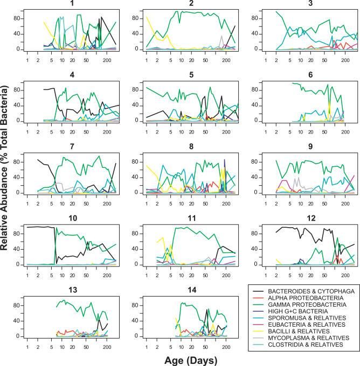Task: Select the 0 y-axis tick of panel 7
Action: (19, 192)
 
